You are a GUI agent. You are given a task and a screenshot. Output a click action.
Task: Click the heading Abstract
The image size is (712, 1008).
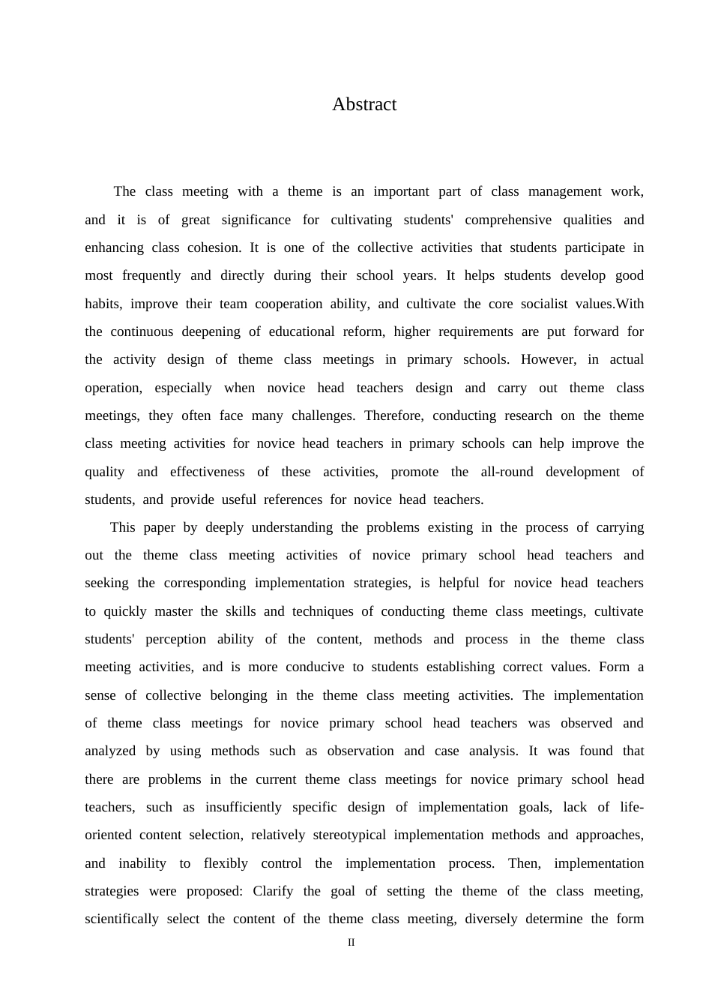[x=364, y=104]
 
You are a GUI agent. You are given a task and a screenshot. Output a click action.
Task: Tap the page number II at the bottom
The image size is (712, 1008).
[x=351, y=942]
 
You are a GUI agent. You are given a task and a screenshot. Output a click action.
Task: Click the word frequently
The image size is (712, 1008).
[x=151, y=275]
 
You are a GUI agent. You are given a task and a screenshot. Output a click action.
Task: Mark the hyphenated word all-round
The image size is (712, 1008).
[x=507, y=472]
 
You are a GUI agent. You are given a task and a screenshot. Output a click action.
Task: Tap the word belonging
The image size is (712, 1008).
[x=238, y=695]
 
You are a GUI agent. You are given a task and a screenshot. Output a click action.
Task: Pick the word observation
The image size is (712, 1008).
[x=360, y=751]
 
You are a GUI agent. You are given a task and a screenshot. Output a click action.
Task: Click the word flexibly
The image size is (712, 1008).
[x=226, y=863]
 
